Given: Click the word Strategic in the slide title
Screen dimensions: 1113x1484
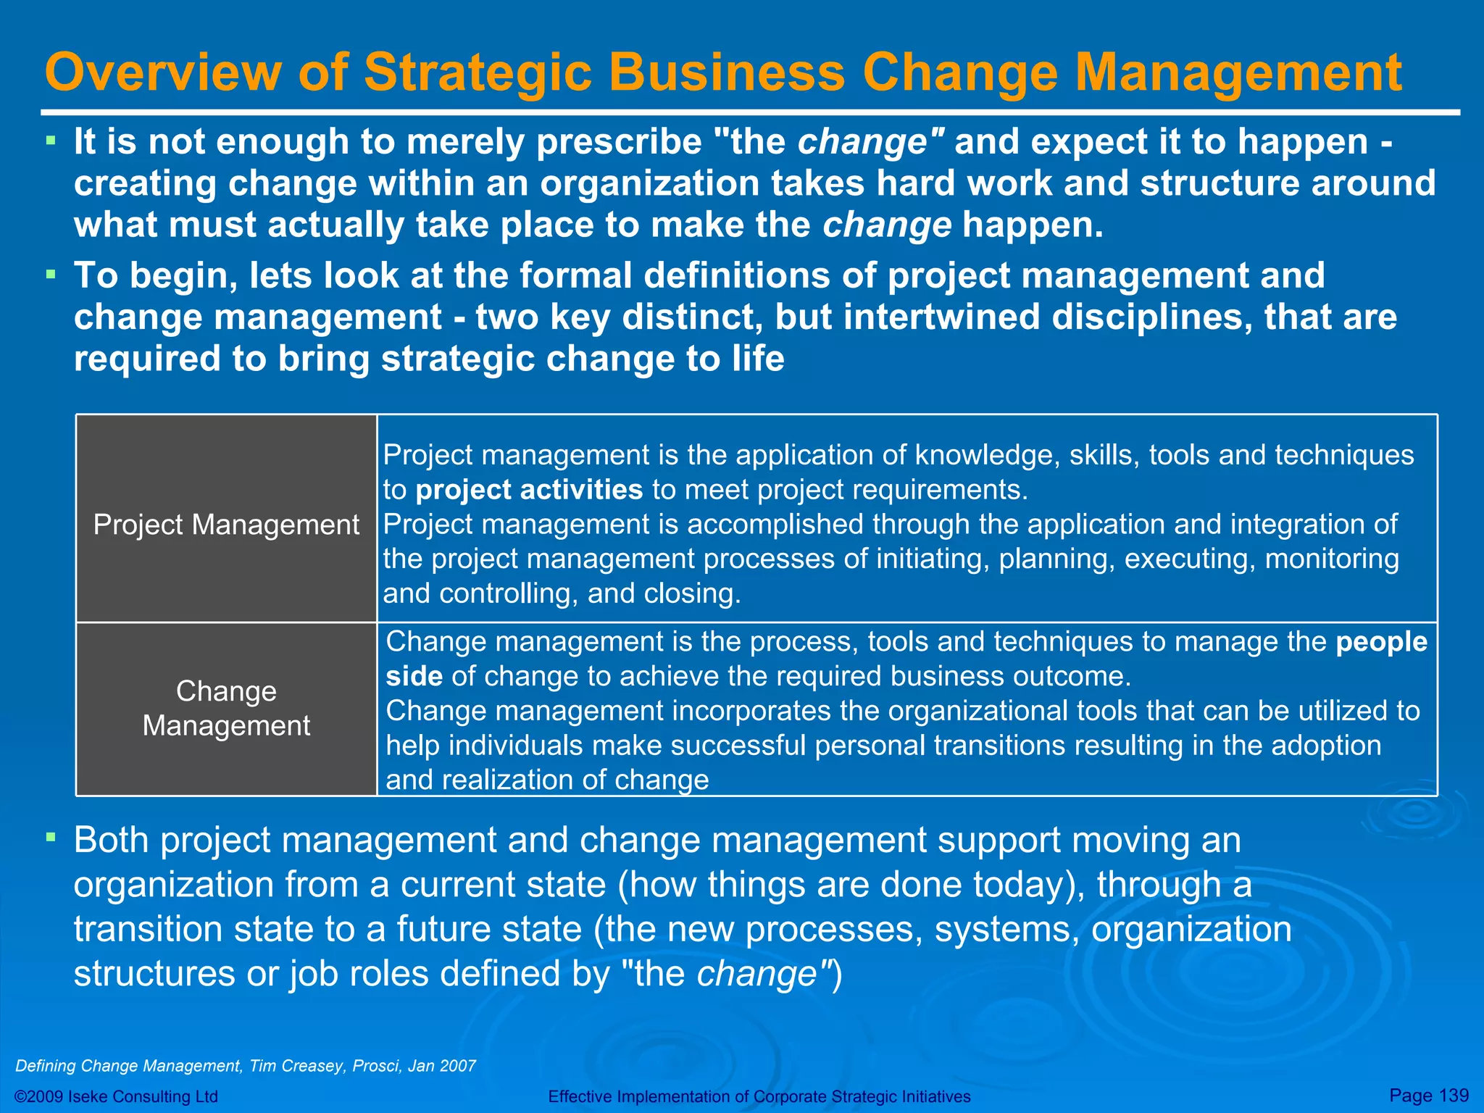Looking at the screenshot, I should (478, 72).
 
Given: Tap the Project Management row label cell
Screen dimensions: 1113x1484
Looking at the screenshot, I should (226, 525).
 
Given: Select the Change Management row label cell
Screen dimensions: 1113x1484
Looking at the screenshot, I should (226, 709).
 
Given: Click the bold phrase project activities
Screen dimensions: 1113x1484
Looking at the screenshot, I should (529, 490).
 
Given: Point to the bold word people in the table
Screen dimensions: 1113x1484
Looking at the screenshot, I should (1381, 642).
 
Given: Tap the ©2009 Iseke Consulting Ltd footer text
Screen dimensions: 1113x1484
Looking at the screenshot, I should (116, 1096).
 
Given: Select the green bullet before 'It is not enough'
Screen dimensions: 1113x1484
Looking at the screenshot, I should (50, 139).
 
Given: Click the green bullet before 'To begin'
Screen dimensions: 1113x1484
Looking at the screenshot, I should (50, 274).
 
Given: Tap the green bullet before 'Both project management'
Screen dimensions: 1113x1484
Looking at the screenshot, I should (50, 838).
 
